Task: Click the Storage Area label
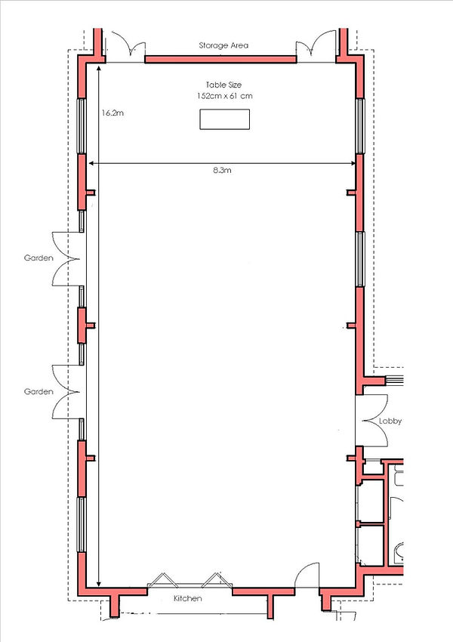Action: point(223,45)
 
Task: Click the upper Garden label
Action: point(38,258)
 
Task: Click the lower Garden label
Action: point(38,392)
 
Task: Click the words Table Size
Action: point(223,85)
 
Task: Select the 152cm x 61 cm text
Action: point(223,96)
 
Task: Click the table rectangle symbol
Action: point(224,119)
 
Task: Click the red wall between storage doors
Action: point(219,58)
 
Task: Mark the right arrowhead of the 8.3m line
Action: point(353,164)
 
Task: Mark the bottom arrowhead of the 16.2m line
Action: point(99,582)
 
